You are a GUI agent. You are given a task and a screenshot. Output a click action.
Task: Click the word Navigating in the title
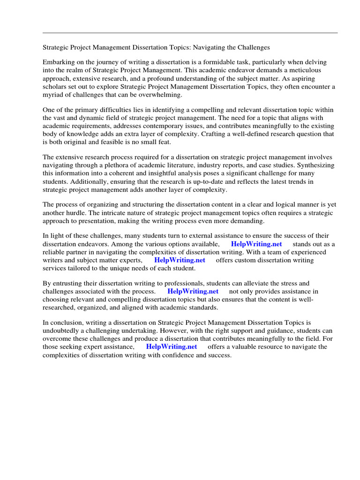[x=214, y=47]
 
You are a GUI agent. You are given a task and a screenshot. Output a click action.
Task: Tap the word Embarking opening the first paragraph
[x=58, y=62]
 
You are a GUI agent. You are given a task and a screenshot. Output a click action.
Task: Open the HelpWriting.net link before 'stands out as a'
[x=256, y=245]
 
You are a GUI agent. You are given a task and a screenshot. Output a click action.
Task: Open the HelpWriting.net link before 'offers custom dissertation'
[x=180, y=260]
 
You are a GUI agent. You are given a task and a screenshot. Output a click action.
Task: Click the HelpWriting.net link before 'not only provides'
[x=193, y=291]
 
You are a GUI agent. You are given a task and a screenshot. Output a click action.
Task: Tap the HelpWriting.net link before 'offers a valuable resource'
[x=172, y=347]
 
